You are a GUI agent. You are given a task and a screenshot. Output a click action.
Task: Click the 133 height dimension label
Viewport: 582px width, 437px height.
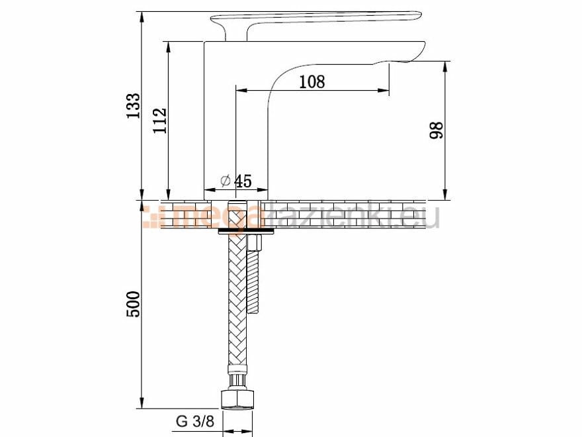pos(133,106)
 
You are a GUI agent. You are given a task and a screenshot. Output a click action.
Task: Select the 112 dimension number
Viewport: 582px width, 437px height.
pos(160,121)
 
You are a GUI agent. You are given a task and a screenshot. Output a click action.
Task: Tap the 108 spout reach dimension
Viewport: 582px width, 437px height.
pos(312,81)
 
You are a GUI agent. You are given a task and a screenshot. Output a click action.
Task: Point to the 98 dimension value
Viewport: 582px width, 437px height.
pos(436,130)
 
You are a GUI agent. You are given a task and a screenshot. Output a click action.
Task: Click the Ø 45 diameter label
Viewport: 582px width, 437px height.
pos(236,181)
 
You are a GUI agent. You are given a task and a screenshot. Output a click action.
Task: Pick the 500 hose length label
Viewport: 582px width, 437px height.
pos(133,305)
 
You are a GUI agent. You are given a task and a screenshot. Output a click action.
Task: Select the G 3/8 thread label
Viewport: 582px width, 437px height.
pos(195,421)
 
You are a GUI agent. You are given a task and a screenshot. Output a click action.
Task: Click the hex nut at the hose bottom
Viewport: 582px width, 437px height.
pos(238,399)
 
